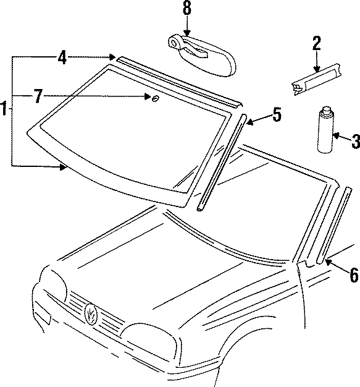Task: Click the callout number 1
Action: point(5,111)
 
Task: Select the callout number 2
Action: point(316,43)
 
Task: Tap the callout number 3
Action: point(354,142)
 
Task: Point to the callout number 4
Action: point(62,57)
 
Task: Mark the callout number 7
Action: point(38,96)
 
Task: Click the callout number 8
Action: point(185,8)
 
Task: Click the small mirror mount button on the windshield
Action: point(154,98)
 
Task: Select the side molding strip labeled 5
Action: point(220,162)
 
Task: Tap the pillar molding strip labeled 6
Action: point(333,226)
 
